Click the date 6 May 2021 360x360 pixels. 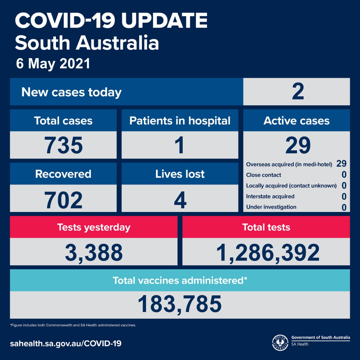pos(53,64)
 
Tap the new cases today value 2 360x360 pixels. pos(298,91)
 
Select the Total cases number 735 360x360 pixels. pos(63,145)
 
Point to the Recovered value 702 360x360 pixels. pos(63,200)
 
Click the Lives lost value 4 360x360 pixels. pos(180,200)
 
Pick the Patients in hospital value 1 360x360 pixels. pos(180,145)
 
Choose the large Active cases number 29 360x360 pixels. pos(298,145)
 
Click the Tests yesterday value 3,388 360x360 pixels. pos(94,253)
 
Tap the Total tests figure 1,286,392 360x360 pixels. pos(268,253)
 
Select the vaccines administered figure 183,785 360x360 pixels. pos(180,304)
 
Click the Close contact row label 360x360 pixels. pos(263,175)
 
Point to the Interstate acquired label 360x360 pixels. pos(270,196)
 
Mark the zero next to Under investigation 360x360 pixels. pos(344,207)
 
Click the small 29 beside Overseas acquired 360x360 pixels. pos(341,163)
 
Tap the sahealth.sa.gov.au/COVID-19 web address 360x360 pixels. pos(66,343)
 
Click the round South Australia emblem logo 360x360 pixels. pos(280,343)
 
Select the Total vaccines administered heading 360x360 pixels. pos(180,280)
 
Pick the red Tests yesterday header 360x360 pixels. pos(94,227)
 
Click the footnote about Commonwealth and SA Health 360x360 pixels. pos(73,325)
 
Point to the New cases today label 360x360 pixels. pos(71,92)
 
